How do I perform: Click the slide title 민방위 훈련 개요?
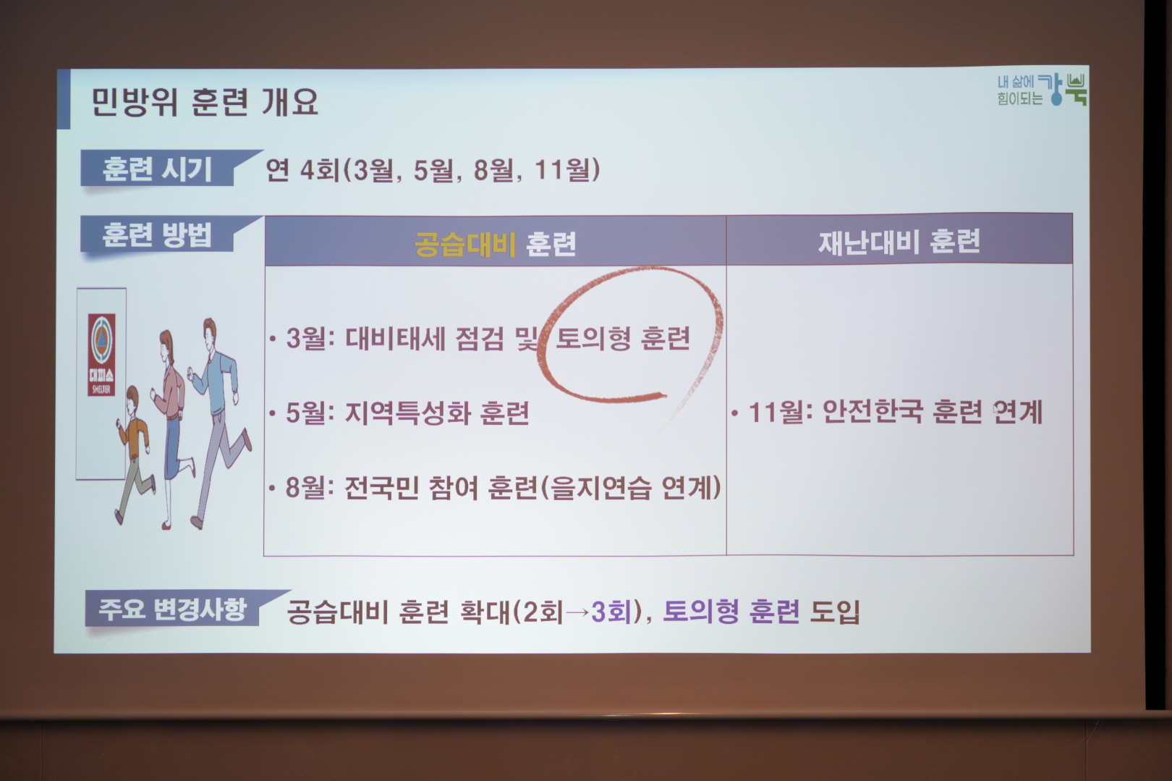[205, 101]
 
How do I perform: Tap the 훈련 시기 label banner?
[166, 169]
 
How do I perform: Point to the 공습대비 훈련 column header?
[495, 242]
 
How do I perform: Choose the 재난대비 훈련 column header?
[899, 241]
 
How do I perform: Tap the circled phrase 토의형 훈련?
[623, 339]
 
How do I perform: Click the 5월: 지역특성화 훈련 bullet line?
[400, 413]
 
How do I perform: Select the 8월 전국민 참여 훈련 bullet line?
[495, 487]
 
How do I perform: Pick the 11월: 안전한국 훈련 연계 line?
[888, 412]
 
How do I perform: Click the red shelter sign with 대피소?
[101, 355]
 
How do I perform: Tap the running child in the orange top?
[135, 454]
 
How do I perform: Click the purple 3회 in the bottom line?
[611, 612]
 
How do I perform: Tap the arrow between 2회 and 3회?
[577, 612]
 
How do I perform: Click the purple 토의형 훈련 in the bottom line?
[731, 611]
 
